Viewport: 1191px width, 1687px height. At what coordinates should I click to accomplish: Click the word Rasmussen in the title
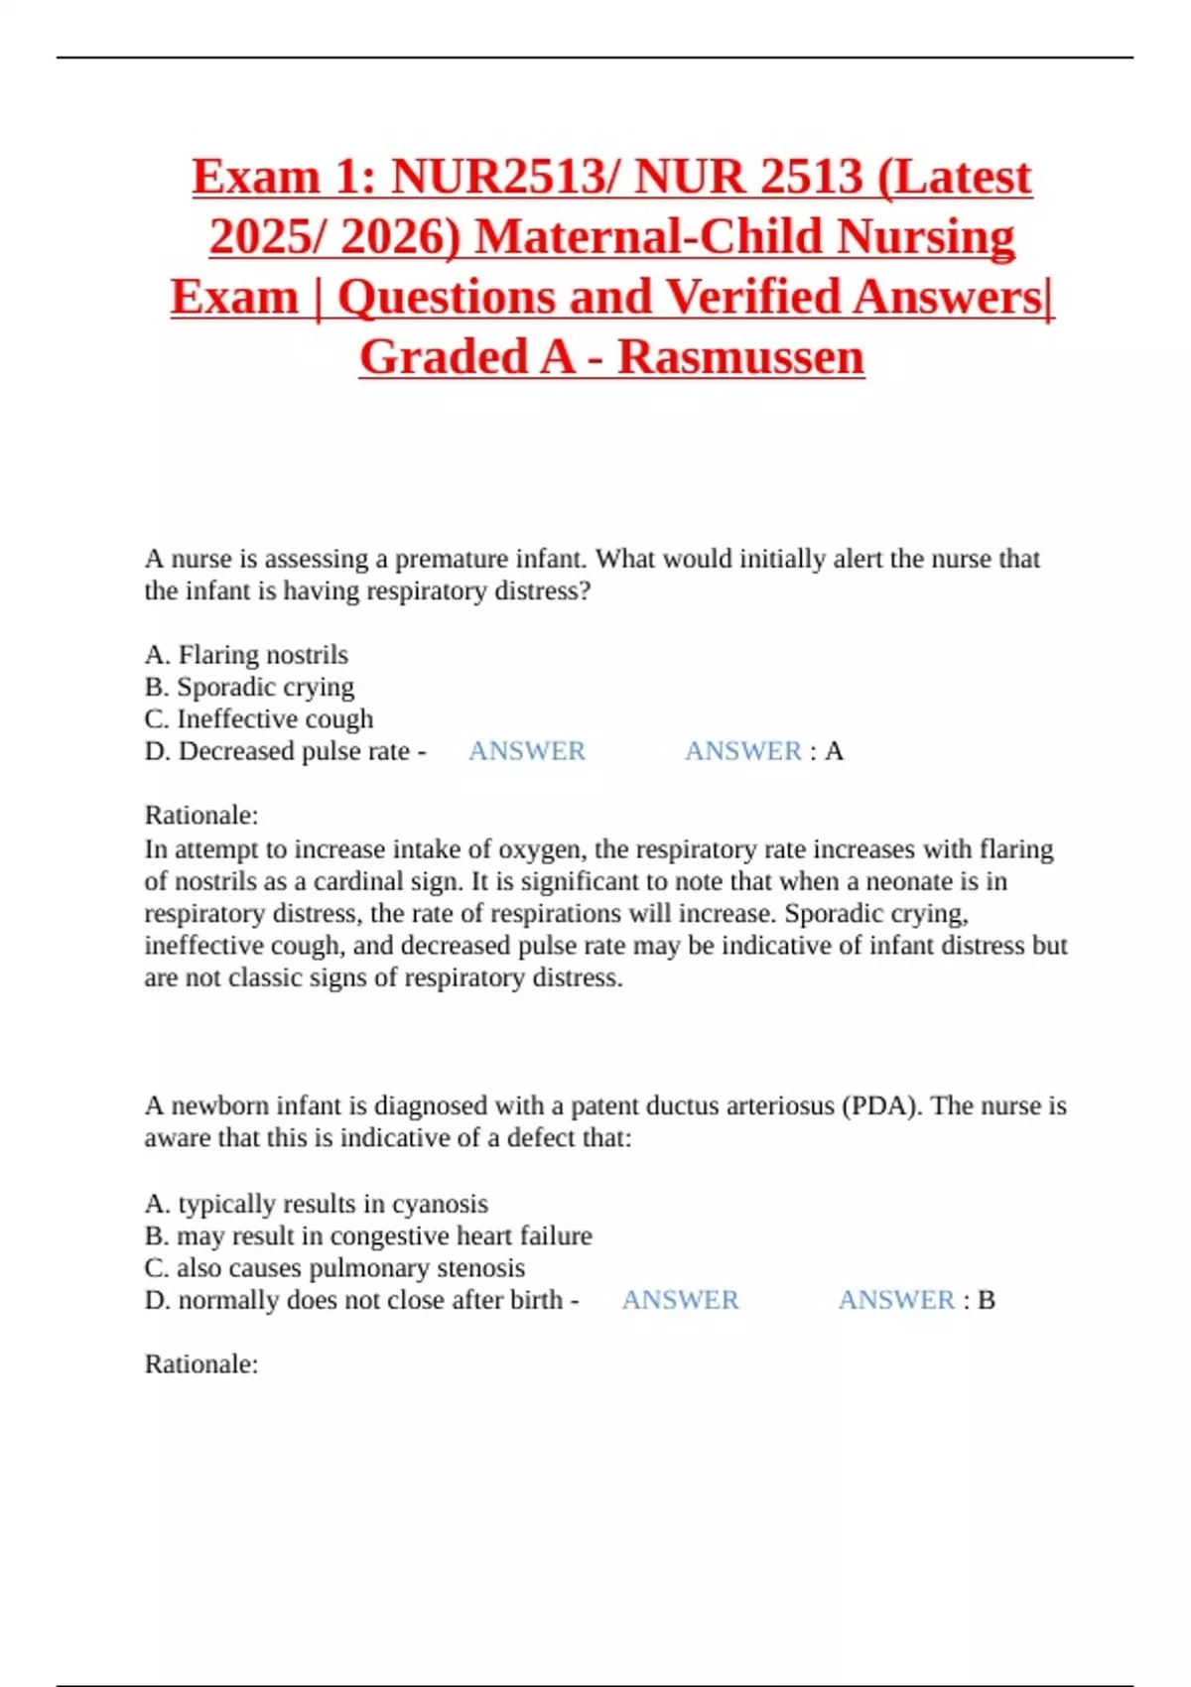pos(740,357)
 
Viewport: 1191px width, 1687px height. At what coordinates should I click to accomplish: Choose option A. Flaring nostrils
pos(246,655)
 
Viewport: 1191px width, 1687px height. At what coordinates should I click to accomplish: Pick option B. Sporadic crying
pos(249,687)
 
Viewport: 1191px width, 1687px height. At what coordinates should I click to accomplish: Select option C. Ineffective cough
pos(259,718)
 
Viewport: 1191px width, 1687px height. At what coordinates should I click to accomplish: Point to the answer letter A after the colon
pos(835,751)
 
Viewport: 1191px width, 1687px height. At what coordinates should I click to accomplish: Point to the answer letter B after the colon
pos(987,1300)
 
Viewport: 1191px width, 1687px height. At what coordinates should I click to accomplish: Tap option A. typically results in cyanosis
pos(316,1204)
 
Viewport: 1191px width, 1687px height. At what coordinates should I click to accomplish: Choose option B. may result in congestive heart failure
pos(368,1235)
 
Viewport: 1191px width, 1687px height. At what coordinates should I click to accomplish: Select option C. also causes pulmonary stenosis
pos(334,1268)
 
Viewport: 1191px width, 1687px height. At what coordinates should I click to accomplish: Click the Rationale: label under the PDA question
pos(201,1364)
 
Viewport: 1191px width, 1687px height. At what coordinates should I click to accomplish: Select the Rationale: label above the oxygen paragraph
pos(201,816)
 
